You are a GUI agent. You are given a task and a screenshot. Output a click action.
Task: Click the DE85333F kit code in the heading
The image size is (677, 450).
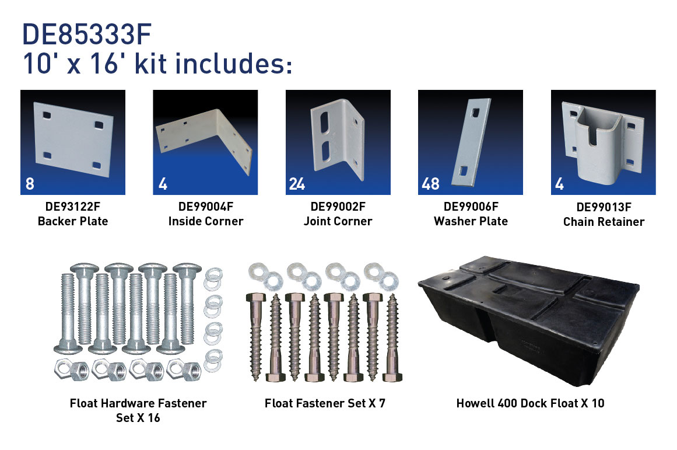[x=87, y=34]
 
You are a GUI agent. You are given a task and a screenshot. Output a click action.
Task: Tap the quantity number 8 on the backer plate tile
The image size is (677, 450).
[x=30, y=184]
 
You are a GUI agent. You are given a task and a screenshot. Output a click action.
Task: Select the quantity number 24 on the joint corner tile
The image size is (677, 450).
[x=297, y=184]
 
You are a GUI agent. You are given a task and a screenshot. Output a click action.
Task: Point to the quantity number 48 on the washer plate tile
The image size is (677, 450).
[x=430, y=184]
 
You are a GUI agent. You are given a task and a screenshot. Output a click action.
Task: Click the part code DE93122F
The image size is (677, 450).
[x=72, y=207]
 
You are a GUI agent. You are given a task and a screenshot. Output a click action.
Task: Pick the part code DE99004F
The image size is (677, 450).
[x=205, y=207]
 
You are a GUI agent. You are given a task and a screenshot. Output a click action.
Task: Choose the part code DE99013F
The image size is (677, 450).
[x=604, y=207]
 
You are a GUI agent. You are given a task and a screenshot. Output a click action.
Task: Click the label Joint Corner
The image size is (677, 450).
[x=338, y=221]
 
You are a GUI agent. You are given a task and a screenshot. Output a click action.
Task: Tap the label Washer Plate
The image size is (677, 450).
[x=471, y=221]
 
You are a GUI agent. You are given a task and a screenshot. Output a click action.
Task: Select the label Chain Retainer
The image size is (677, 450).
[x=604, y=222]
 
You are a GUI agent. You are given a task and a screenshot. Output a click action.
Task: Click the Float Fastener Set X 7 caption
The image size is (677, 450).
[x=325, y=403]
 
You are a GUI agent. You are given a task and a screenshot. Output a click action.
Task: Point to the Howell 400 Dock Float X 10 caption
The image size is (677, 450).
[x=530, y=403]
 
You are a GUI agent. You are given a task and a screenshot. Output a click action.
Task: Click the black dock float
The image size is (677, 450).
[x=529, y=320]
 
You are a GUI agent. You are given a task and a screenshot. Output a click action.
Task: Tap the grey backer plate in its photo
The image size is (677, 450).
[x=73, y=139]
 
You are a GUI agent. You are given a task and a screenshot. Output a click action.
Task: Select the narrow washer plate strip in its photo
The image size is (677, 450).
[x=471, y=142]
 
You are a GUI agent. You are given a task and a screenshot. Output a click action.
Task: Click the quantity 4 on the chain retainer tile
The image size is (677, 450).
[x=560, y=184]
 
